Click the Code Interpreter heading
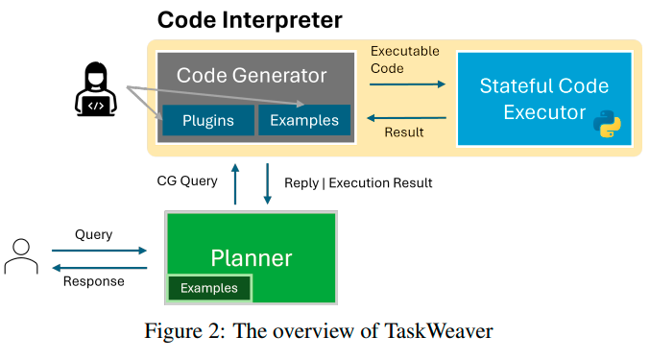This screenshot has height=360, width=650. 250,19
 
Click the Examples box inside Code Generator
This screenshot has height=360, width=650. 304,120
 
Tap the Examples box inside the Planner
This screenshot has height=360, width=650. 209,288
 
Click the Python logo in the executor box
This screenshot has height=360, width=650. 605,124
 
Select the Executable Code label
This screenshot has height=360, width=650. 405,60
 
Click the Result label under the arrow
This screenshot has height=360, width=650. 403,132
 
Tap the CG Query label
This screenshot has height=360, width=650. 188,180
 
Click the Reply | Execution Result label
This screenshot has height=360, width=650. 358,181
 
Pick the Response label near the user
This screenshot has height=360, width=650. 93,281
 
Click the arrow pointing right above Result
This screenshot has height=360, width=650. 408,84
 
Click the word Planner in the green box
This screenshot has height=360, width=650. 252,257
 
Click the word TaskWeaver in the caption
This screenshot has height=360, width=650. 439,332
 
